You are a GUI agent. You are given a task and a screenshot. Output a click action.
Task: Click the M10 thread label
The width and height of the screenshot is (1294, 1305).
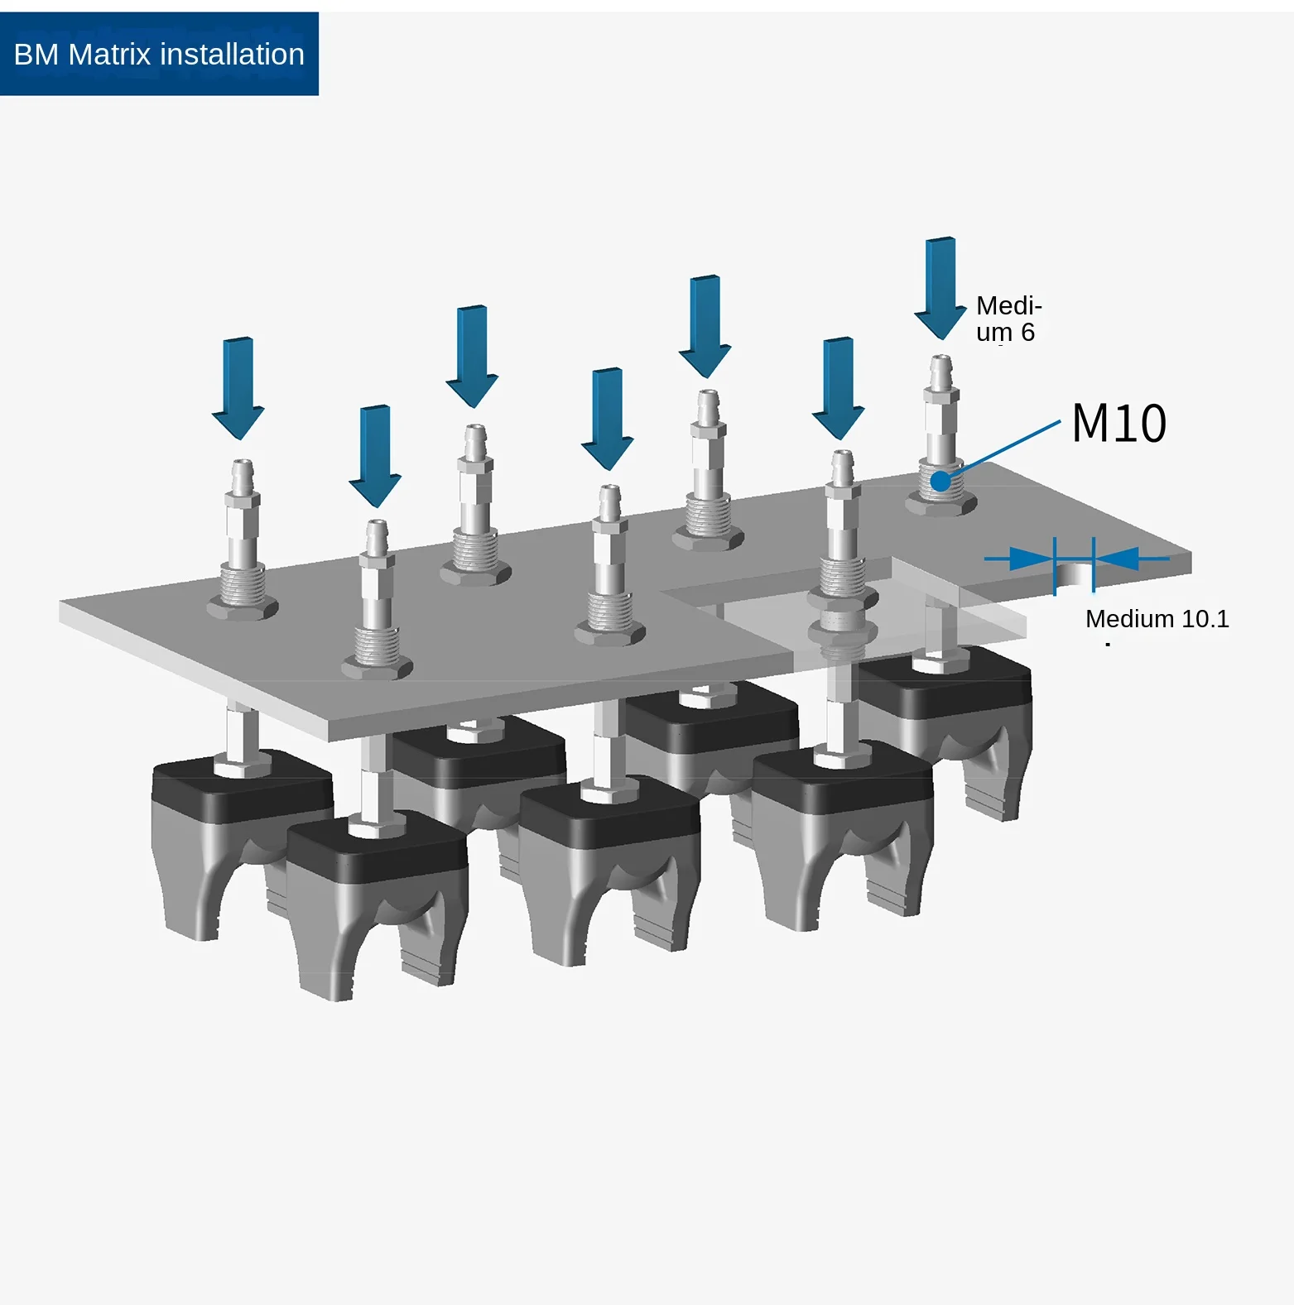pos(1119,423)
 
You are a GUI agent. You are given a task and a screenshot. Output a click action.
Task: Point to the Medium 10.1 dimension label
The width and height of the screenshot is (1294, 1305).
pos(1157,619)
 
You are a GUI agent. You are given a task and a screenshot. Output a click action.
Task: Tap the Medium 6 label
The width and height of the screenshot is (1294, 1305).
pos(1008,319)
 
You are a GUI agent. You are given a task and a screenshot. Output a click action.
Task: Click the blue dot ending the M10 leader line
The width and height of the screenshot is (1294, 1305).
pos(940,481)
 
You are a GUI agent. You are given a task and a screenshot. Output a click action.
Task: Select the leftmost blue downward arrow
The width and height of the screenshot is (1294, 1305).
pos(238,388)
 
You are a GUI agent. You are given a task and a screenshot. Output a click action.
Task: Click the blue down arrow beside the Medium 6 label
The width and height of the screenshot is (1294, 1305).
pos(940,288)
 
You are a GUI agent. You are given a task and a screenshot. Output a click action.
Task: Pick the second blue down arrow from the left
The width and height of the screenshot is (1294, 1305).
pos(375,456)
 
